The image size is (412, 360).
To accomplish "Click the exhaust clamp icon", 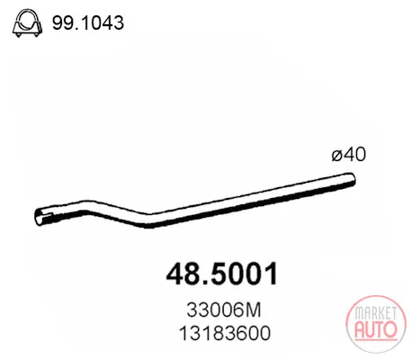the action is (x=27, y=23).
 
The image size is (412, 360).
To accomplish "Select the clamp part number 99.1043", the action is (x=88, y=22).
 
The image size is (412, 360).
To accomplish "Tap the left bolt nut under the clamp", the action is (x=19, y=34).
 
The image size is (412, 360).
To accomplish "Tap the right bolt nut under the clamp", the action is (x=36, y=34).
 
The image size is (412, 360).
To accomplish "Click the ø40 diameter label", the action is (x=349, y=155).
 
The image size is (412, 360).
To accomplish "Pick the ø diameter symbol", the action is (x=336, y=156).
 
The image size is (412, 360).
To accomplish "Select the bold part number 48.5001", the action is (x=222, y=274).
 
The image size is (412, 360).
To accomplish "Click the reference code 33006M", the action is (x=224, y=310).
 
